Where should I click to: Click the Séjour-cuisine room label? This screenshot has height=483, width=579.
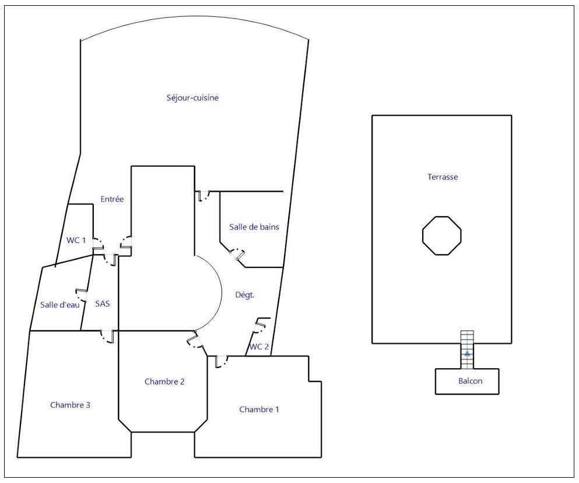click(x=192, y=98)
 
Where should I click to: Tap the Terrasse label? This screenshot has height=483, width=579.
click(x=442, y=177)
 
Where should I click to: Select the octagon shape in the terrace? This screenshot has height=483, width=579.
click(x=441, y=235)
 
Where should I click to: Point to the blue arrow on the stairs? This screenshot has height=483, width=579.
click(x=467, y=353)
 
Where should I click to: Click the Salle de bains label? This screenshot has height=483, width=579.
click(x=251, y=227)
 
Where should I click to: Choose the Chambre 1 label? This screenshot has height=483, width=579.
click(x=259, y=410)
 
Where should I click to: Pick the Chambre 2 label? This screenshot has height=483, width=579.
click(x=164, y=382)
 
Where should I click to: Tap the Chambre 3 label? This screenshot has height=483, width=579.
click(x=70, y=405)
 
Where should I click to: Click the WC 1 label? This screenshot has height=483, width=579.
click(x=76, y=239)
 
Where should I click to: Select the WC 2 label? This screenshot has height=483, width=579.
click(x=259, y=347)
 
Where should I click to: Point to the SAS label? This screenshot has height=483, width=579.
click(x=102, y=304)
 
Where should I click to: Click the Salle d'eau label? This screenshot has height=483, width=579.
click(x=59, y=305)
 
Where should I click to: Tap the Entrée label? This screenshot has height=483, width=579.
click(x=112, y=199)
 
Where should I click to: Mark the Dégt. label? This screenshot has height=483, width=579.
click(x=245, y=295)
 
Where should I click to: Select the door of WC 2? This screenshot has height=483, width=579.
click(x=260, y=323)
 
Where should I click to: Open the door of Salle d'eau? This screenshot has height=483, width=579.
click(x=80, y=294)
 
